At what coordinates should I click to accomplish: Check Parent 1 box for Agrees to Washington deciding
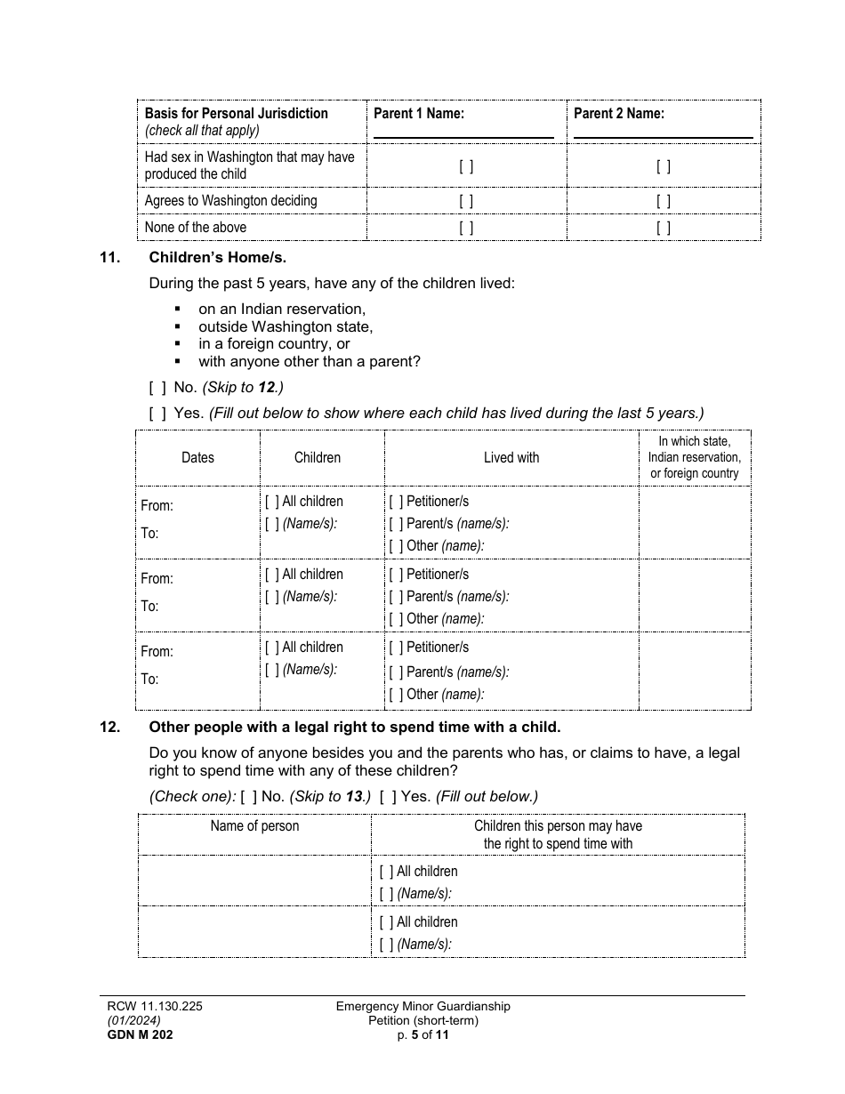[x=466, y=201]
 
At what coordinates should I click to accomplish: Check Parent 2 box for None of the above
[x=664, y=228]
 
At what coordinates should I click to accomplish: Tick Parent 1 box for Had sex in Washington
[x=466, y=165]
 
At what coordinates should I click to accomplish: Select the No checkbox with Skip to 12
[x=157, y=388]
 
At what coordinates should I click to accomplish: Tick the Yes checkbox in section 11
[x=157, y=414]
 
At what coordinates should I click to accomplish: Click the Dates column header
[x=197, y=457]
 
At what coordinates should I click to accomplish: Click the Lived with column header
[x=511, y=457]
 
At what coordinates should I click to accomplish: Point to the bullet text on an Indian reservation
[x=282, y=309]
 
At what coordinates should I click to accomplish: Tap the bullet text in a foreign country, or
[x=274, y=343]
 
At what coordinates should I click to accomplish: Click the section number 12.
[x=109, y=727]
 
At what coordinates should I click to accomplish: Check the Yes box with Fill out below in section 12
[x=388, y=797]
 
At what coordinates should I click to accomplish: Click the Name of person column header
[x=254, y=826]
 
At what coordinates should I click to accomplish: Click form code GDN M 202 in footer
[x=134, y=1034]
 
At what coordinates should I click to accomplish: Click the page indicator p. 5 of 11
[x=423, y=1034]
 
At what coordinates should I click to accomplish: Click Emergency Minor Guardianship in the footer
[x=423, y=1006]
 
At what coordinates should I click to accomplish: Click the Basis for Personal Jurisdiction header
[x=237, y=114]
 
